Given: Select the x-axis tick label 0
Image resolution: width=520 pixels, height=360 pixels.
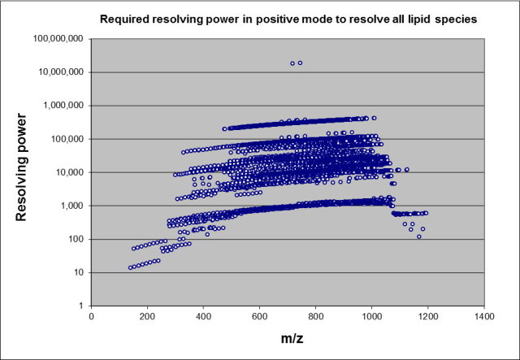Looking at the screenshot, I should tap(92, 316).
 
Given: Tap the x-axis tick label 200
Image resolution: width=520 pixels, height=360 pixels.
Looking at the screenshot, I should tap(148, 316).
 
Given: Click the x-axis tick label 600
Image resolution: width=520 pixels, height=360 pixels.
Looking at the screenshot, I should tap(260, 316).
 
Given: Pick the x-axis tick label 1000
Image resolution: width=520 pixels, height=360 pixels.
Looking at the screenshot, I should tap(372, 316).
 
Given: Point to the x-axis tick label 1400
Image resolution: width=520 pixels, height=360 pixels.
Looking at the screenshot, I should tap(484, 316).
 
